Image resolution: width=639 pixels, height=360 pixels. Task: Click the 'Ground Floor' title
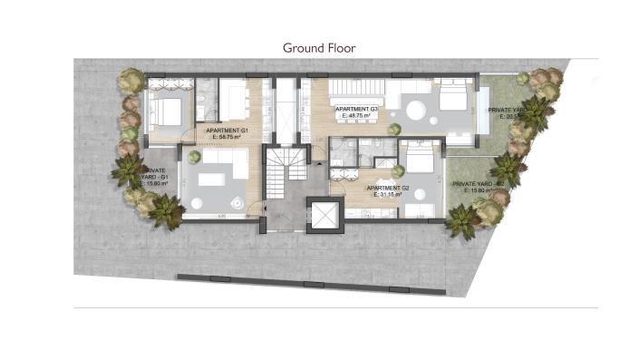[318, 47]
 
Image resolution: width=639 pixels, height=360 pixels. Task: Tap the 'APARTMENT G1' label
[227, 131]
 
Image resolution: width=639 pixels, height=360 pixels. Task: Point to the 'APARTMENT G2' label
[388, 188]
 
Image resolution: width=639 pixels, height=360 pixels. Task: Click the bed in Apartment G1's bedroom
[163, 112]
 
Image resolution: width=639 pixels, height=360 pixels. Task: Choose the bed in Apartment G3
[453, 97]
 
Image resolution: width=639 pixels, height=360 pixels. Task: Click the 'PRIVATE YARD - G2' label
[477, 183]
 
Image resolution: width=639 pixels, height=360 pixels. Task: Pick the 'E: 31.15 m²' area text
[388, 195]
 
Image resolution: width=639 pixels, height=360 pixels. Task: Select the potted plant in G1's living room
[193, 156]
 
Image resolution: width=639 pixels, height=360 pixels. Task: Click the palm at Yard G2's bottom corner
[462, 220]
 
